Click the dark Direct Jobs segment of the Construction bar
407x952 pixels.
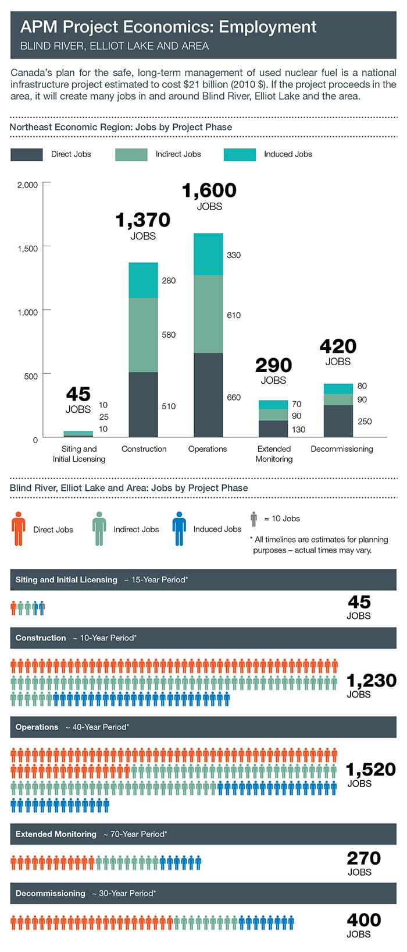[143, 404]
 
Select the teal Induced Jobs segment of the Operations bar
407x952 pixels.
[208, 254]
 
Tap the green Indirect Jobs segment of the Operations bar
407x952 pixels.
[208, 314]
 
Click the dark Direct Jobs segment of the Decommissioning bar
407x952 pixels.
[338, 420]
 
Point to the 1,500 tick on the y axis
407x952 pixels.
[27, 249]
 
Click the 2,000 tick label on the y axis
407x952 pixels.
[27, 185]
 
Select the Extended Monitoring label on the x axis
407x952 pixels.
[274, 454]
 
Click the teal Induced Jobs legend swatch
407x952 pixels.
[240, 154]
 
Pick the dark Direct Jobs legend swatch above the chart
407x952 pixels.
[27, 154]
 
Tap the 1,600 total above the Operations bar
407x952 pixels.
[209, 190]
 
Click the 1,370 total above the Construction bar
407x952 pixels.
[143, 220]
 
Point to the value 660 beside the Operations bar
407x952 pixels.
[234, 398]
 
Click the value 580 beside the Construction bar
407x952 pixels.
[169, 335]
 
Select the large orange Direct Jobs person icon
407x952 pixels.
[19, 529]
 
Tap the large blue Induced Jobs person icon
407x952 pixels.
[179, 529]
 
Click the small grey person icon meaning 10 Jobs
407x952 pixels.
[254, 519]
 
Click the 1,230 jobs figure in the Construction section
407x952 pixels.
[371, 681]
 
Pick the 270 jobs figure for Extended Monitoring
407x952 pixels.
[363, 858]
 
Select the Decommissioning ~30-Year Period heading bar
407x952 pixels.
[203, 893]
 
